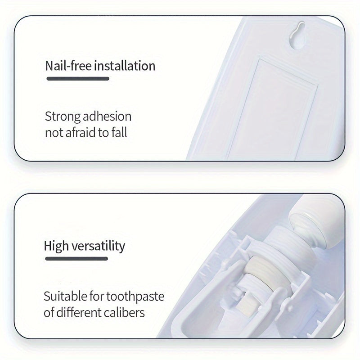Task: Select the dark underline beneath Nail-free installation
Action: click(x=77, y=79)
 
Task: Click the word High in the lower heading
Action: click(x=57, y=246)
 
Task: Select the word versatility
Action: click(x=99, y=246)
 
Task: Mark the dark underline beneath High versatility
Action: click(x=76, y=259)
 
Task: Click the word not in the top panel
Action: click(x=53, y=133)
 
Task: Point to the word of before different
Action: click(x=49, y=312)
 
